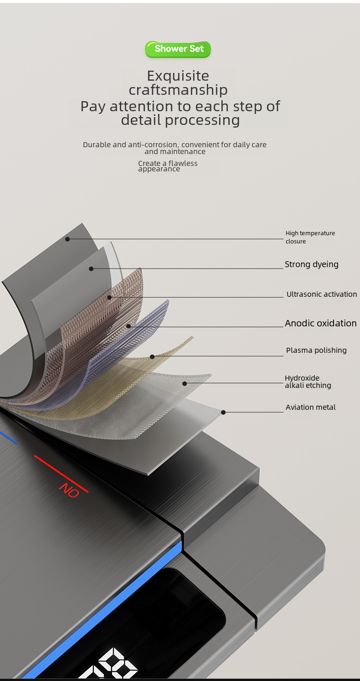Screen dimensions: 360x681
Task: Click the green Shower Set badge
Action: tap(178, 49)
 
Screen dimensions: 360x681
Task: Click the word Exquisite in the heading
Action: tap(178, 76)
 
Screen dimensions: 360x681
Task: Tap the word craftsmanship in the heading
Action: tap(178, 90)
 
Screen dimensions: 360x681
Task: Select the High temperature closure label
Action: tap(310, 237)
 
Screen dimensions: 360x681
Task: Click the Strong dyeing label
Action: tap(311, 264)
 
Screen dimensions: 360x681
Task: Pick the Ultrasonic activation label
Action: tap(321, 294)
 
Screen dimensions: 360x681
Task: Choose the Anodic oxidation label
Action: tap(320, 323)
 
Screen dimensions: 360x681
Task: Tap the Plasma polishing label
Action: tap(316, 351)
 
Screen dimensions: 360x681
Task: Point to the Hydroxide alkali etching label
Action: tap(308, 382)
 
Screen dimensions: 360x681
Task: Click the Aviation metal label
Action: tap(310, 408)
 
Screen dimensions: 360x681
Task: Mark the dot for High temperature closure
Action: tap(67, 239)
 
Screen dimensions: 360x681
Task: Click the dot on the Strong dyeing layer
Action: tap(91, 268)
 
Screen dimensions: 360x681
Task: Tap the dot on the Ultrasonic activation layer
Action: tap(110, 298)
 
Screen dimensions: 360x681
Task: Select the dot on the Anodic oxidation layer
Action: tap(129, 326)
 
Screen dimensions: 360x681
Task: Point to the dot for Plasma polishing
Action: tap(152, 356)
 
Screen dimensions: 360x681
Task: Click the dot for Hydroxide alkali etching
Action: tap(185, 383)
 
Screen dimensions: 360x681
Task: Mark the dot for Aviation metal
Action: tap(223, 412)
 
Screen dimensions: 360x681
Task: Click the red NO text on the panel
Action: tap(69, 490)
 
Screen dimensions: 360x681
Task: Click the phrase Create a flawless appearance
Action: tap(168, 166)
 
